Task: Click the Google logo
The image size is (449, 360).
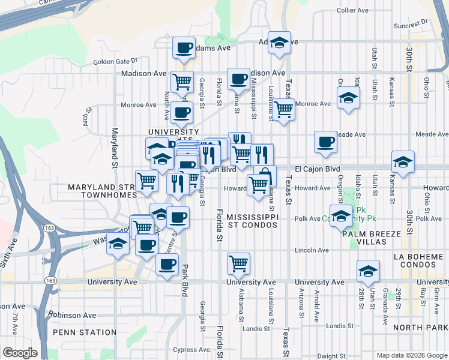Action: (20, 353)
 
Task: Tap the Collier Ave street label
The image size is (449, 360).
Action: (353, 10)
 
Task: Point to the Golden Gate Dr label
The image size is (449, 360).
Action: (115, 61)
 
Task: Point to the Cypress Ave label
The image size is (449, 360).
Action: (191, 349)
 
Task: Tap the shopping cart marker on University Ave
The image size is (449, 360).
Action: (239, 262)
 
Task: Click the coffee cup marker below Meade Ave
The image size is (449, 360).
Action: (325, 142)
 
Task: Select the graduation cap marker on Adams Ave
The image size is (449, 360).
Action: (279, 43)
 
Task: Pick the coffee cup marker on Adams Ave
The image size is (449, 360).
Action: (184, 47)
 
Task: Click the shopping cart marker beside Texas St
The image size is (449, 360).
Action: (283, 109)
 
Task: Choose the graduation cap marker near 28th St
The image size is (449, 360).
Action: (368, 271)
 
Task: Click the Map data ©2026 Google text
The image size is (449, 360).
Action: (411, 355)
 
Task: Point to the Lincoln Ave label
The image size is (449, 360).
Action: (312, 250)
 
